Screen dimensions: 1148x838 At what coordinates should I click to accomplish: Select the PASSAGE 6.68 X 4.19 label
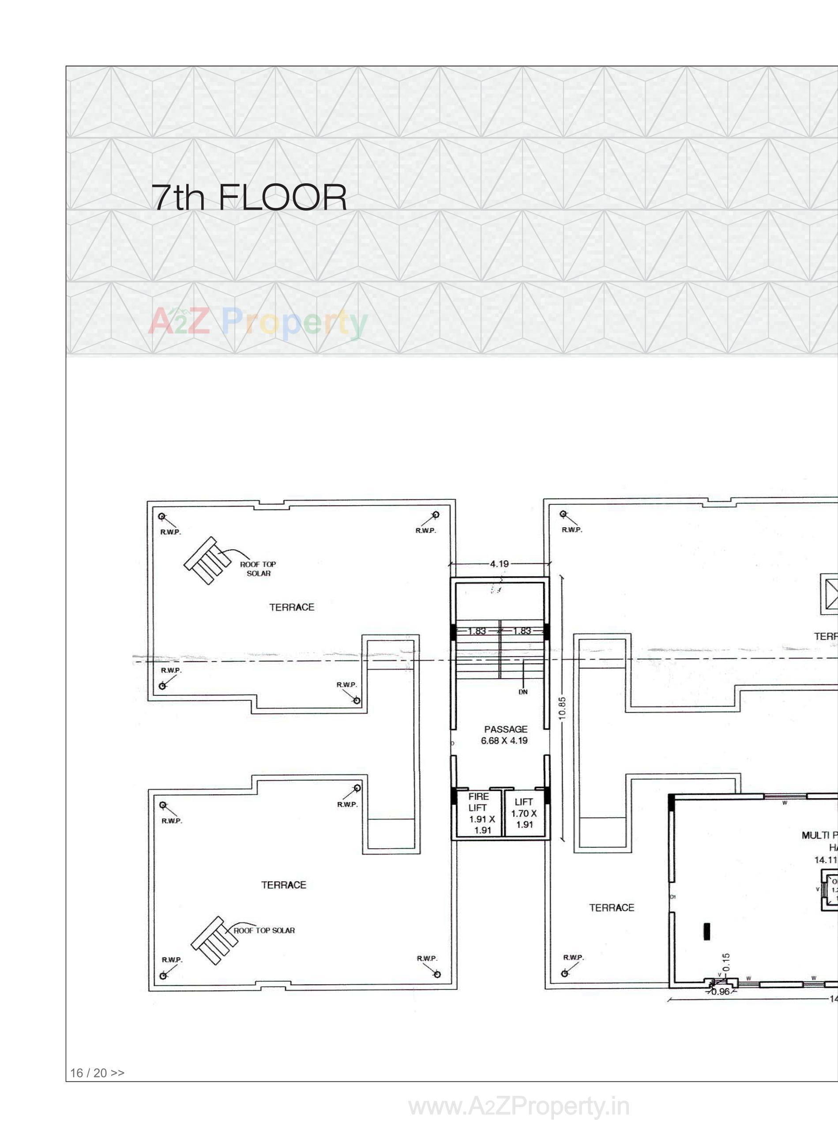505,735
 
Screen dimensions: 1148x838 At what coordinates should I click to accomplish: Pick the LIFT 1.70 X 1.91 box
524,813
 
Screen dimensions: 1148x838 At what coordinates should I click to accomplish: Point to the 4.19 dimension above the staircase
499,564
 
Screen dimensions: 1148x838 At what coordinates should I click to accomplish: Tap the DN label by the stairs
523,692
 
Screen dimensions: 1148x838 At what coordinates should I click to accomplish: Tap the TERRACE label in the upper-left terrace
292,608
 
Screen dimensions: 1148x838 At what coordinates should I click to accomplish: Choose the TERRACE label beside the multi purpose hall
611,907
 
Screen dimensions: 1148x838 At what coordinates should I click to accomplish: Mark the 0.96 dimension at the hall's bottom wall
720,992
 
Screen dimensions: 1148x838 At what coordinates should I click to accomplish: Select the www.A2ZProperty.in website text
519,1107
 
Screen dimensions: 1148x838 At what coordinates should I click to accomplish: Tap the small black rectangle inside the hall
706,932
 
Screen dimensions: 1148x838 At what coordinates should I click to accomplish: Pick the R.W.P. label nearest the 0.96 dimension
573,958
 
